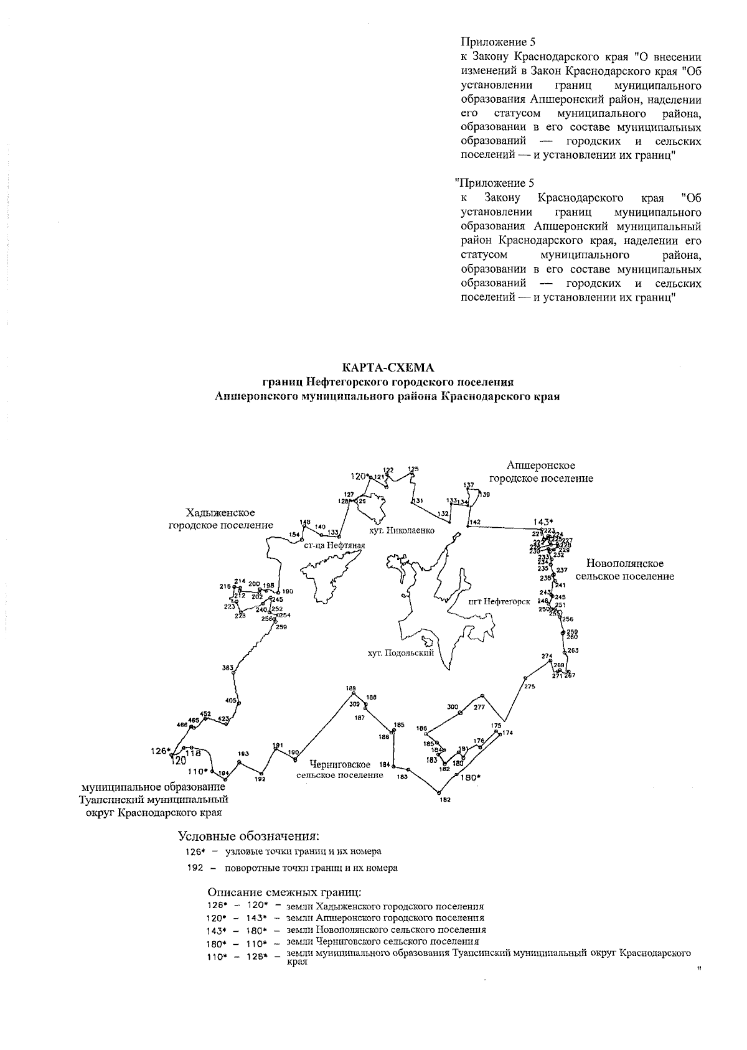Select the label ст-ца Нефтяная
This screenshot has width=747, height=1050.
[334, 545]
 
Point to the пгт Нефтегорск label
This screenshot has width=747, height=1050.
[499, 602]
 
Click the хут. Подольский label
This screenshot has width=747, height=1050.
[400, 653]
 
